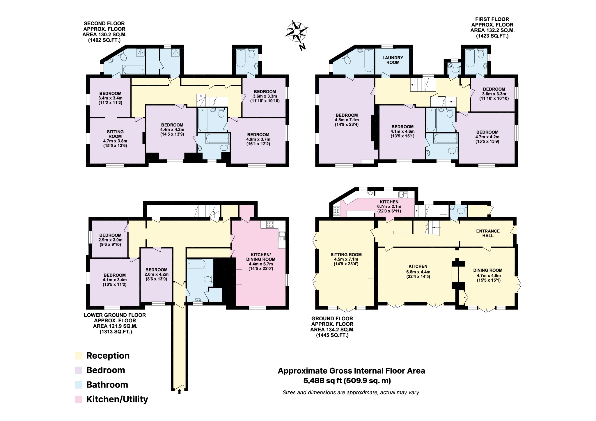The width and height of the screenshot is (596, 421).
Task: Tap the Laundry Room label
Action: click(x=393, y=60)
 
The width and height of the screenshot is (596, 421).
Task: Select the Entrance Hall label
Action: click(x=488, y=233)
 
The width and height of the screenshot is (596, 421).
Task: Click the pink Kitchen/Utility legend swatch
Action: click(x=79, y=399)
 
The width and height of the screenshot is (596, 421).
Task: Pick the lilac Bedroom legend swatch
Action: click(x=79, y=370)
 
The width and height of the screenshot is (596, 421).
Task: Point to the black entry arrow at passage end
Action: click(x=179, y=391)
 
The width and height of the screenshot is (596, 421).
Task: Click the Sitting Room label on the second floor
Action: click(x=115, y=138)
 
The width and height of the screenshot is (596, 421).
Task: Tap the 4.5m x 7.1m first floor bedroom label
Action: click(x=347, y=120)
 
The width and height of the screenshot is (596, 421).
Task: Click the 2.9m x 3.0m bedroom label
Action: click(x=110, y=240)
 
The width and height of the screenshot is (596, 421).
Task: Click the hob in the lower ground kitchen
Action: click(x=270, y=224)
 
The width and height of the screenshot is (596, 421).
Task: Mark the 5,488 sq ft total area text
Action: click(x=347, y=381)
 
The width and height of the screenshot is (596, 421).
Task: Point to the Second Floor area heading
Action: click(x=104, y=32)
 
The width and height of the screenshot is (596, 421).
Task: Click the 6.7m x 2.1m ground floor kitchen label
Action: click(x=389, y=206)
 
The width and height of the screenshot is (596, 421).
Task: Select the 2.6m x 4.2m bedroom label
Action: click(x=156, y=274)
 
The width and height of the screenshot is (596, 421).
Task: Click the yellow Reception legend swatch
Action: click(x=79, y=356)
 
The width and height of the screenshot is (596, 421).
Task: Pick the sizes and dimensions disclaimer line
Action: click(x=350, y=392)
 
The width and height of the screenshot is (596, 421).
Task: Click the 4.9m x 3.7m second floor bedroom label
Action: click(x=258, y=139)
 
